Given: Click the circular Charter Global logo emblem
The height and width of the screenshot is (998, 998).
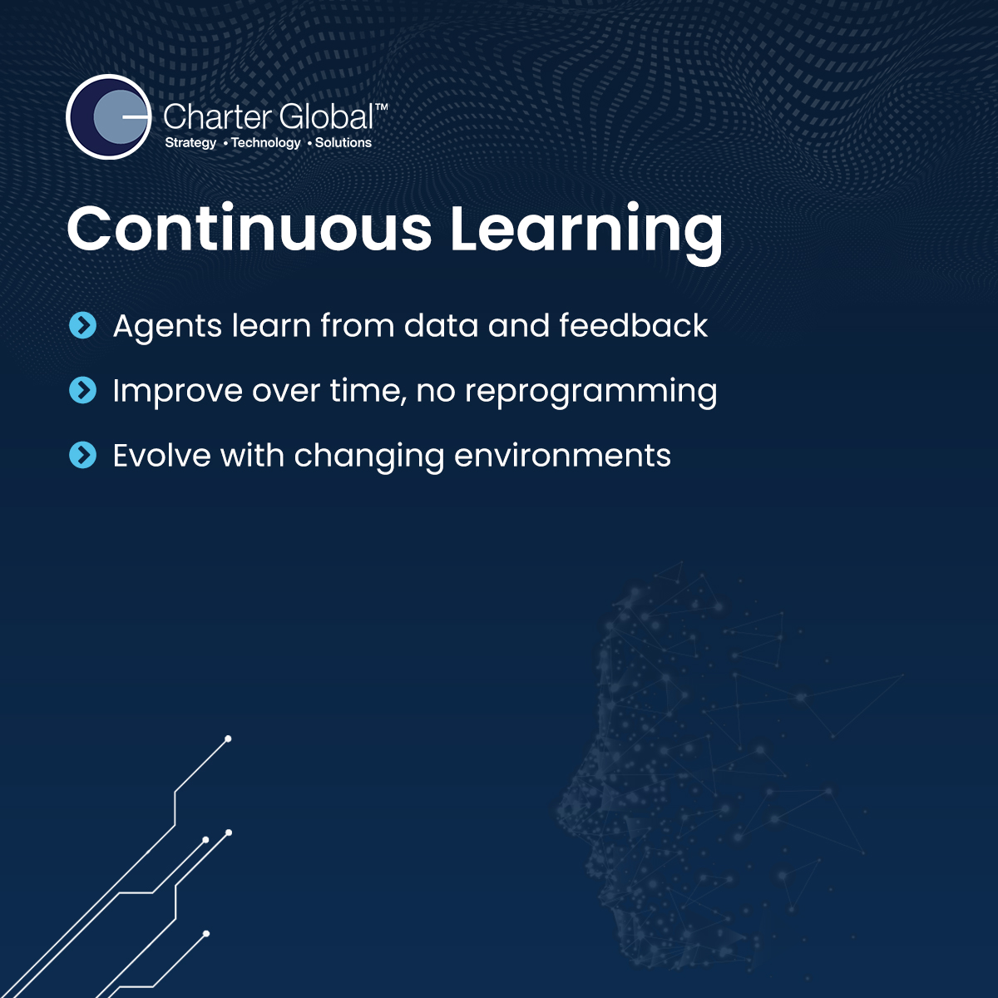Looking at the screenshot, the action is point(109,116).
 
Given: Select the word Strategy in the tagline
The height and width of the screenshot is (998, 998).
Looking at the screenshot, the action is point(190,143).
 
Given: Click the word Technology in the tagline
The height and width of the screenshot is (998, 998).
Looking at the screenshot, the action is point(265,143).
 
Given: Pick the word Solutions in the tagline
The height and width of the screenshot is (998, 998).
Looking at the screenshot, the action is point(343,142).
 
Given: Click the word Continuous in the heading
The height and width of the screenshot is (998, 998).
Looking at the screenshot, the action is point(249,229).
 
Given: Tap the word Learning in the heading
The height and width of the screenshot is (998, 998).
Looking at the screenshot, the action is point(586,234).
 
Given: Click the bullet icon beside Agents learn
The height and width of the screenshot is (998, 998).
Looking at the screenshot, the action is point(83,325).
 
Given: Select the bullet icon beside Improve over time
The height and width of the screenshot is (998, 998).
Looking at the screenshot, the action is point(83,390).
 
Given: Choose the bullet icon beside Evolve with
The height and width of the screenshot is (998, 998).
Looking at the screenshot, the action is point(83,455).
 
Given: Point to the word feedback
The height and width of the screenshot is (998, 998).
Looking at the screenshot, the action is point(634,325).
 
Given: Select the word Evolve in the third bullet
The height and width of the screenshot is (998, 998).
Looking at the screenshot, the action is point(162,456).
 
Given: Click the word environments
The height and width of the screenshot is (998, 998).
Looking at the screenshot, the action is point(562,457).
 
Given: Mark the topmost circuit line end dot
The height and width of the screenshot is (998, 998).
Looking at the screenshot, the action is point(228,739).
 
